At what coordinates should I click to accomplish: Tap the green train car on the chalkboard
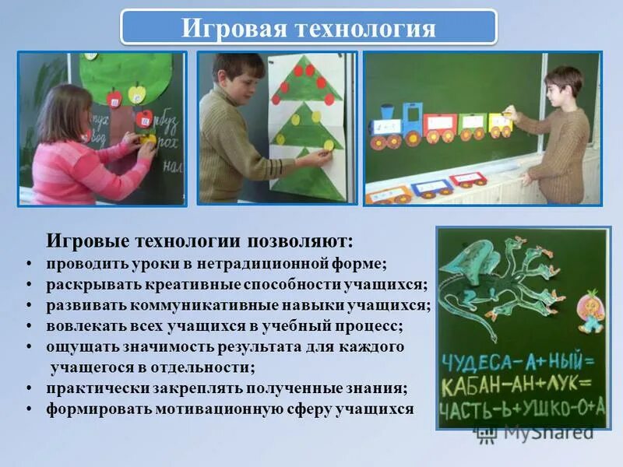click(471, 124)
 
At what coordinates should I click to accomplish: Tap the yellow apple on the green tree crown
click(137, 94)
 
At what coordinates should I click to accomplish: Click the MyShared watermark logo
click(537, 433)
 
